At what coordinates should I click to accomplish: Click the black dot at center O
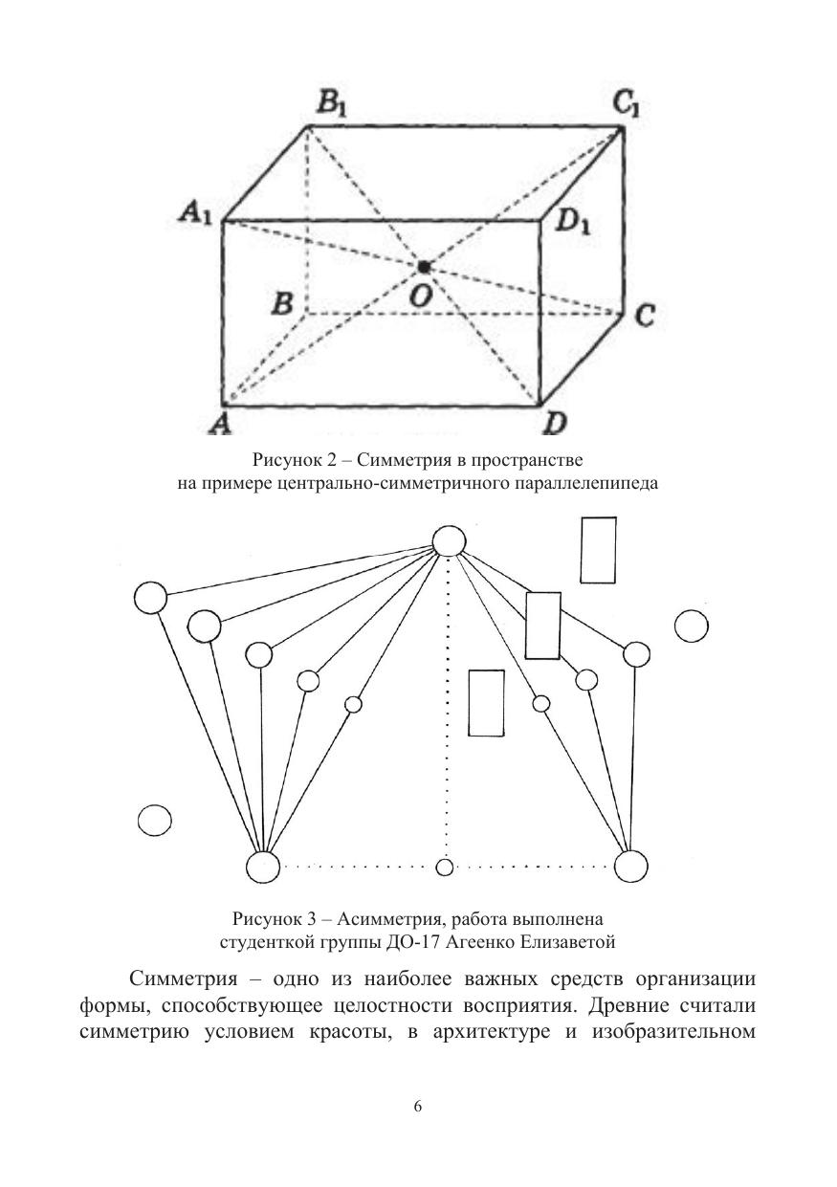(424, 267)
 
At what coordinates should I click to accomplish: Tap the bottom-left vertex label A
(224, 423)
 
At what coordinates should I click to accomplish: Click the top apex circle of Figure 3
(449, 541)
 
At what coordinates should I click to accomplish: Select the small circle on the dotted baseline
(444, 868)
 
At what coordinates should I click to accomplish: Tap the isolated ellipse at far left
(154, 820)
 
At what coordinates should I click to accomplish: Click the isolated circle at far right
(691, 626)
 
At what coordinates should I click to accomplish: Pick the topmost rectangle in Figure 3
(599, 549)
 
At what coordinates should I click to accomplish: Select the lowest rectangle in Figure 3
(486, 703)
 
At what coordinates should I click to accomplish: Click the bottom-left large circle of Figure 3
(263, 867)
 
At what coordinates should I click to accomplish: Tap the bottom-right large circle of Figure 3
(631, 867)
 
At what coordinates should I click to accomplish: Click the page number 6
(418, 1107)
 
